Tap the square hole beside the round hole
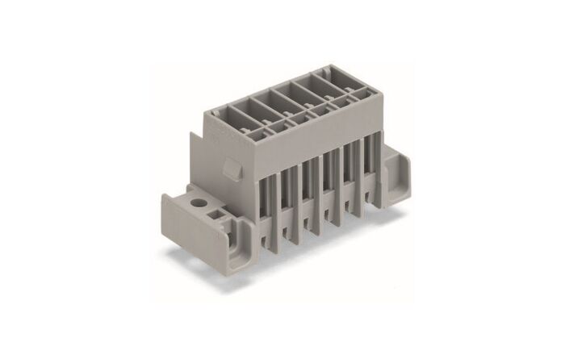coord(216,213)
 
